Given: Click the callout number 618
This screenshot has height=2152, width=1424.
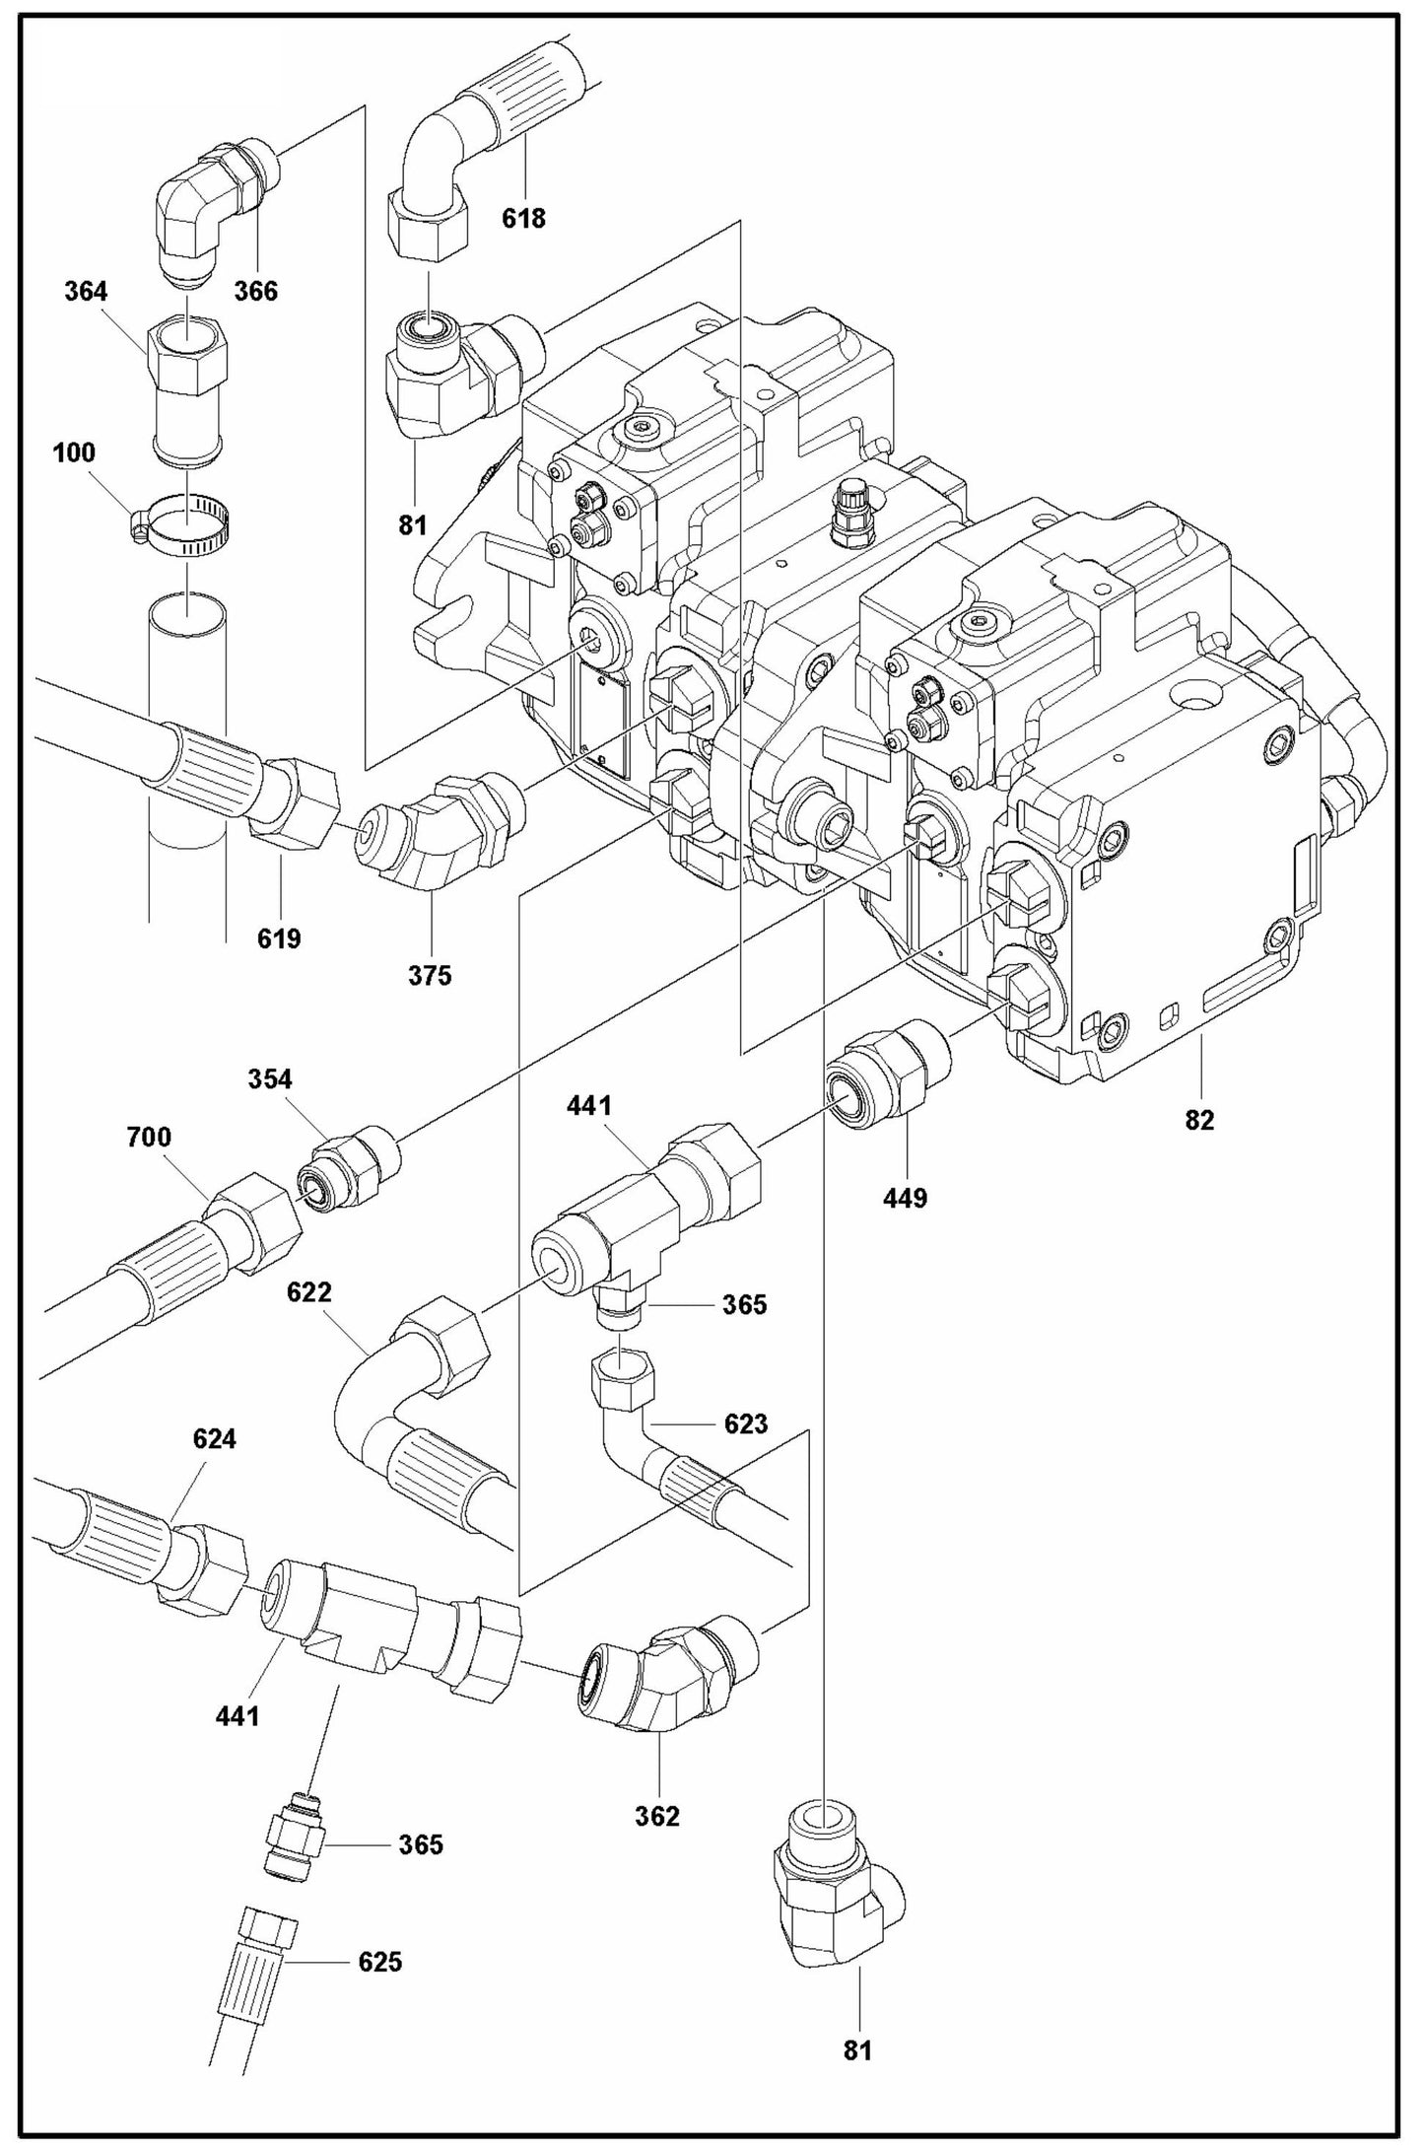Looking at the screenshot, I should (x=523, y=219).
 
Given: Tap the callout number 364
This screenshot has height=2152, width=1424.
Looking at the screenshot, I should (x=86, y=292).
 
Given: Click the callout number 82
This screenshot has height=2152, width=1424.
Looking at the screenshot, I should (x=1199, y=1121).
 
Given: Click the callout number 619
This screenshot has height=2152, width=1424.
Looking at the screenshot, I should (x=279, y=939).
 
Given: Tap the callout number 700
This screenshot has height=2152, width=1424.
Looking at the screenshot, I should (x=149, y=1138).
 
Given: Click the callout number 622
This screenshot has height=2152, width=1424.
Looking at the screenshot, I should (x=309, y=1292).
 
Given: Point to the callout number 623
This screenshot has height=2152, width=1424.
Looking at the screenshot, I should (x=745, y=1423).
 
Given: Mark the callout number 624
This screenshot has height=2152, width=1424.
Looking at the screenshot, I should (x=214, y=1439).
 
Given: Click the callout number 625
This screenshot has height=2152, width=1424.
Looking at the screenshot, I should (x=379, y=1963).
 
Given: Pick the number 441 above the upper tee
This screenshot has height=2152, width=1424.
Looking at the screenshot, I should (x=589, y=1106).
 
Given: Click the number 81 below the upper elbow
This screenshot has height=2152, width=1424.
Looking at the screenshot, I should (x=412, y=525).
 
